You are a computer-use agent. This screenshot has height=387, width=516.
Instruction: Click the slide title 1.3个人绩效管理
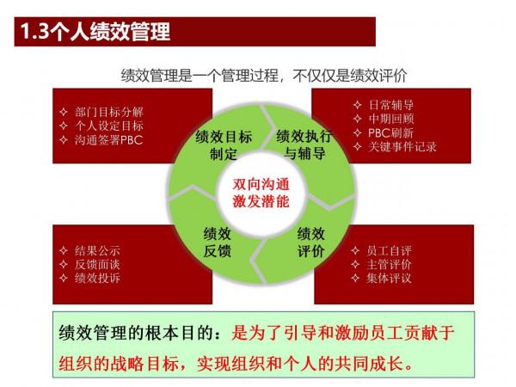(x=95, y=34)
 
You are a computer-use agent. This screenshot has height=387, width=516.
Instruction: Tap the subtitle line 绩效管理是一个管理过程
(x=258, y=73)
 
